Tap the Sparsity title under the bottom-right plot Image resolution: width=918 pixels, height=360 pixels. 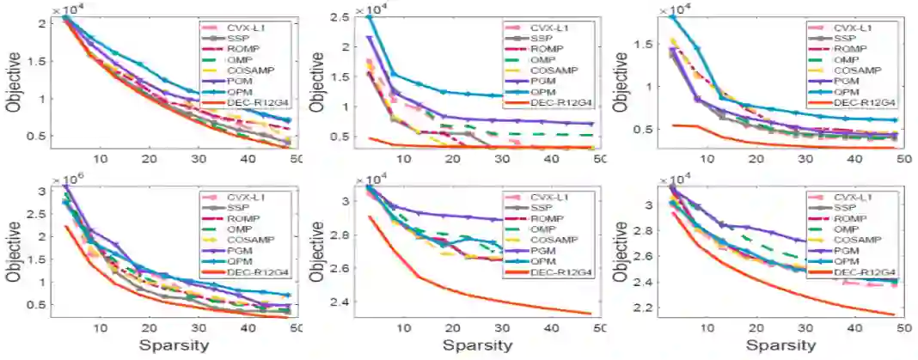[780, 345]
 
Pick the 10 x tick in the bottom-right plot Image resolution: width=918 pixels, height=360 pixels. [707, 328]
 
